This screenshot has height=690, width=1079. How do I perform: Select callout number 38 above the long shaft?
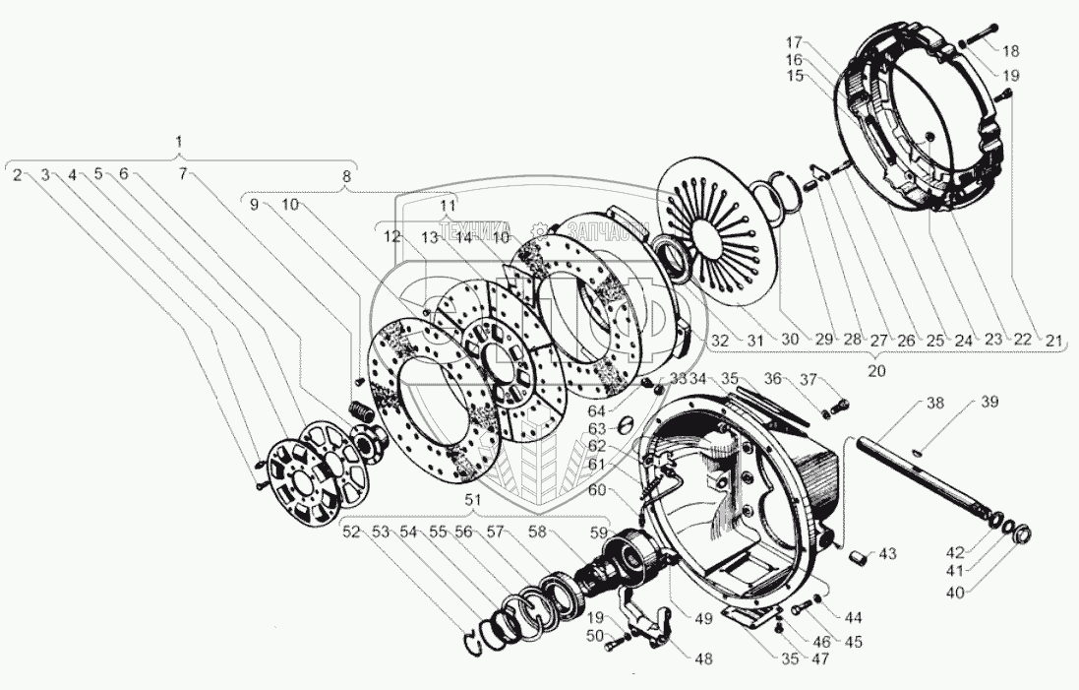click(935, 403)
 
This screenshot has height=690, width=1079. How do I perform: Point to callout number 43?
click(887, 555)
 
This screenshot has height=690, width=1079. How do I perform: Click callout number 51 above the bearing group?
click(473, 499)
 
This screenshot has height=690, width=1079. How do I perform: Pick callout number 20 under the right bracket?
click(875, 371)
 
